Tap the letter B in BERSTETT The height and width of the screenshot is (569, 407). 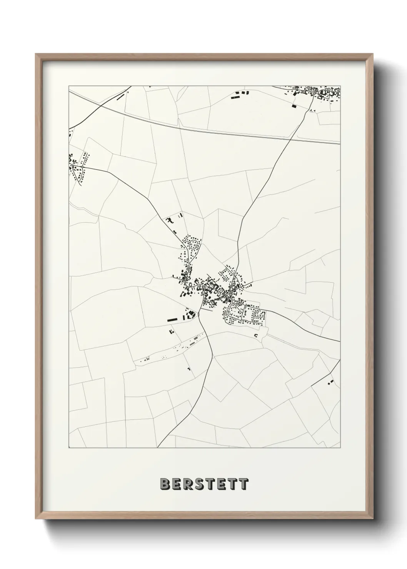coord(164,484)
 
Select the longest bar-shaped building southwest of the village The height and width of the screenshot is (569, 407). coord(172,319)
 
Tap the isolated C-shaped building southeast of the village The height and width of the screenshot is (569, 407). coord(256,335)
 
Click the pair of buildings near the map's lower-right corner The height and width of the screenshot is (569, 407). coord(330,382)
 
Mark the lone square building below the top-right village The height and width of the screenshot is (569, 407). coord(295,105)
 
